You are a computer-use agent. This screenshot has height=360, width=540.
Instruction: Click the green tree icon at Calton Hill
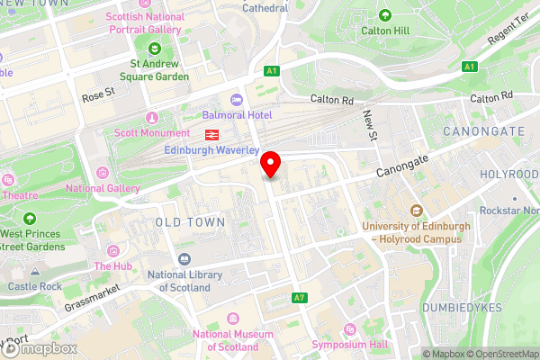click(385, 15)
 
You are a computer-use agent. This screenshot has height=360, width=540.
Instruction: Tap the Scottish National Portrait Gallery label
click(144, 23)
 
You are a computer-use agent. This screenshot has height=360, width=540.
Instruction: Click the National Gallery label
click(103, 188)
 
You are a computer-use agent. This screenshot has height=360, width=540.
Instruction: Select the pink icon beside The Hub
click(112, 250)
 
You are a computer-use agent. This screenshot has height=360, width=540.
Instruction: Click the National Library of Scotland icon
click(184, 259)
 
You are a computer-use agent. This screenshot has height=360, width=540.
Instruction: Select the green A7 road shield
click(300, 298)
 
